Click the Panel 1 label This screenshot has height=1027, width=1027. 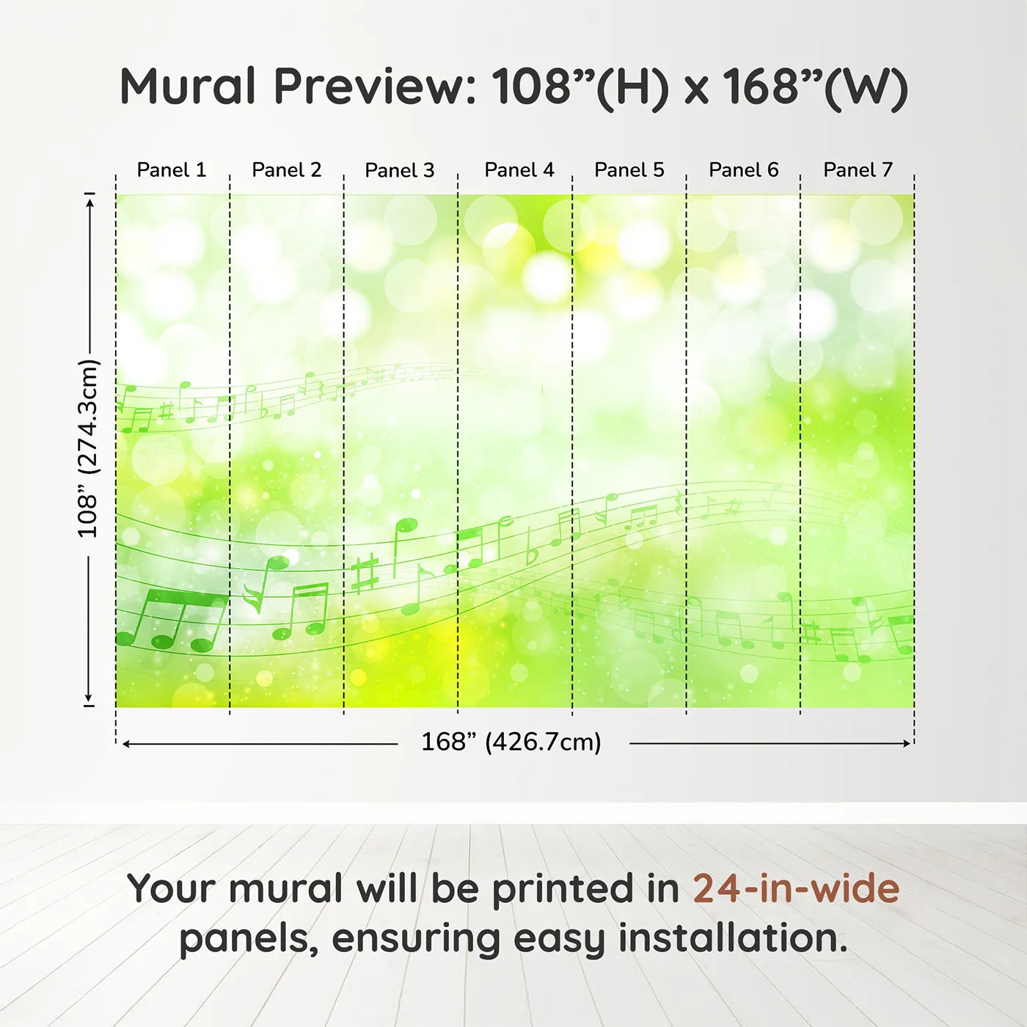(x=171, y=170)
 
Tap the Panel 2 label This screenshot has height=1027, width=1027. (x=287, y=170)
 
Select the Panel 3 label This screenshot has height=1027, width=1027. (x=400, y=170)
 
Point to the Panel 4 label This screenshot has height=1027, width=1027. (x=519, y=170)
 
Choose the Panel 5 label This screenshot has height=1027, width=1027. (x=629, y=170)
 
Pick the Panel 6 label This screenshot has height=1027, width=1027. (x=743, y=170)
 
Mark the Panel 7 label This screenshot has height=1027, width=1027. (x=858, y=170)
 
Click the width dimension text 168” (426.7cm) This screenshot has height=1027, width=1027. (x=511, y=742)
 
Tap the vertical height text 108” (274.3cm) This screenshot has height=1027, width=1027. (x=89, y=448)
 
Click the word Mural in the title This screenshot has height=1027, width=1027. (x=188, y=87)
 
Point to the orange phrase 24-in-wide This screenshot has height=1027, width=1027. (x=796, y=888)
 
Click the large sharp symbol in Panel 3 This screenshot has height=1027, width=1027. (x=365, y=574)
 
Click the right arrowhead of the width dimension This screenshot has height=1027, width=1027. (x=907, y=743)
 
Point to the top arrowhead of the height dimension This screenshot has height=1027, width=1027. (x=91, y=203)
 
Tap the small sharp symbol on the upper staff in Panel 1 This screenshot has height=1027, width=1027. (x=167, y=411)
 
